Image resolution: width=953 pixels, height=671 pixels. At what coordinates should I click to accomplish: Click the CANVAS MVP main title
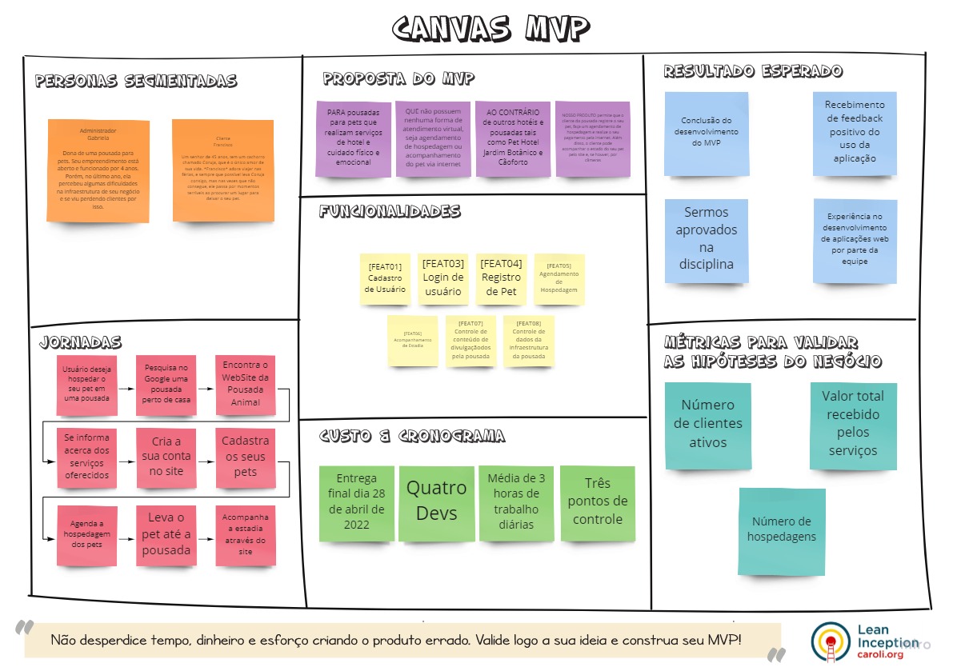pyautogui.click(x=491, y=28)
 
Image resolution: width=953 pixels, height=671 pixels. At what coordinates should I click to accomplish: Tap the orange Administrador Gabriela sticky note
pyautogui.click(x=98, y=170)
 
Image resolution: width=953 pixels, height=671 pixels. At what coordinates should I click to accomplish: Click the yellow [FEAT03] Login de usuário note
pyautogui.click(x=443, y=278)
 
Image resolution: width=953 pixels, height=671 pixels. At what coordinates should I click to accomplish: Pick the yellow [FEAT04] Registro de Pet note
pyautogui.click(x=501, y=278)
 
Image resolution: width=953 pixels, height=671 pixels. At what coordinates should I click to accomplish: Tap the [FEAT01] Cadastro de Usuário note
pyautogui.click(x=385, y=278)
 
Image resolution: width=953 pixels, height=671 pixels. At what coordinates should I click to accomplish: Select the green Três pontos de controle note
pyautogui.click(x=597, y=504)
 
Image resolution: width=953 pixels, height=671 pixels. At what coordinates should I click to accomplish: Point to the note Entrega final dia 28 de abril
pyautogui.click(x=356, y=501)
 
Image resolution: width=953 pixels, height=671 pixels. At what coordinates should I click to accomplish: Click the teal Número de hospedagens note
pyautogui.click(x=782, y=531)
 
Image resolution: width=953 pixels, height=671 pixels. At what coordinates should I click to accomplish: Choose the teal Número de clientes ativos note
pyautogui.click(x=707, y=425)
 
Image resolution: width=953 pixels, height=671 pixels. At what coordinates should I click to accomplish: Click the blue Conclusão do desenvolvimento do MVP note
pyautogui.click(x=706, y=133)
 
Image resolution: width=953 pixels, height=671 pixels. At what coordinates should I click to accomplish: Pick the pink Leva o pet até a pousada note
pyautogui.click(x=166, y=534)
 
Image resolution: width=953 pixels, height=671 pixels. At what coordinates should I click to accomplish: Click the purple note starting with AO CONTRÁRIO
pyautogui.click(x=512, y=138)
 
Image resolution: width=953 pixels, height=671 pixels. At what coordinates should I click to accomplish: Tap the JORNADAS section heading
pyautogui.click(x=80, y=343)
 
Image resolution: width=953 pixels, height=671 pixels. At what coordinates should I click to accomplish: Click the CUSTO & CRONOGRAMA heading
pyautogui.click(x=412, y=437)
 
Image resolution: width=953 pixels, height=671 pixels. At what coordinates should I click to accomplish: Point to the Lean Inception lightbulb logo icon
pyautogui.click(x=828, y=641)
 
